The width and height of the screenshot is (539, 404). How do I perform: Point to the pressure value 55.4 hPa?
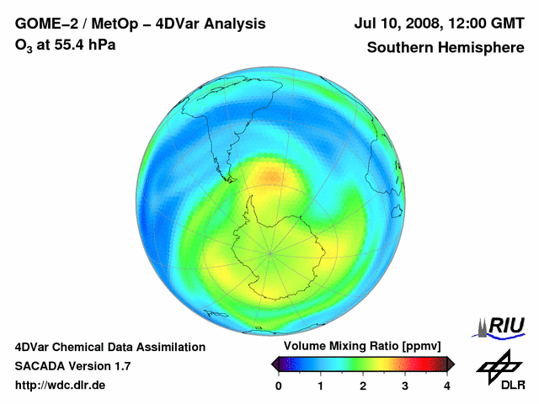pos(85,45)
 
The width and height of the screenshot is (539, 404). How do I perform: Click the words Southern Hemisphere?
pos(445,48)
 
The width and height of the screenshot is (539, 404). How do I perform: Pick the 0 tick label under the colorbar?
pos(279,385)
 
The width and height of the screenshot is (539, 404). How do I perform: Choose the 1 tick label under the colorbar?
pos(321,385)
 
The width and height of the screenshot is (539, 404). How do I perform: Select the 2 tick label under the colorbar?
pos(363,385)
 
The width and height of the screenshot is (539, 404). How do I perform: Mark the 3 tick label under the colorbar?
pos(405,385)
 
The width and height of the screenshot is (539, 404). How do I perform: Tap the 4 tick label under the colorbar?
pos(447,385)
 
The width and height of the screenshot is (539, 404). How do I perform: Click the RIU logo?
pos(501,326)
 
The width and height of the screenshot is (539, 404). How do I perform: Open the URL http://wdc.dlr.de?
pos(61,385)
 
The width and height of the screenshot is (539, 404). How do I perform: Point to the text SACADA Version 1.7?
pos(72,366)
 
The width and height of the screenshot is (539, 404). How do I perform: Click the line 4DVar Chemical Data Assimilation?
pos(110,347)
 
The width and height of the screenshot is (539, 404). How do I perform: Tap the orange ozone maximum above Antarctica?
pos(272,177)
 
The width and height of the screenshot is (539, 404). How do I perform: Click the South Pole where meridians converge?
pos(270,252)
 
